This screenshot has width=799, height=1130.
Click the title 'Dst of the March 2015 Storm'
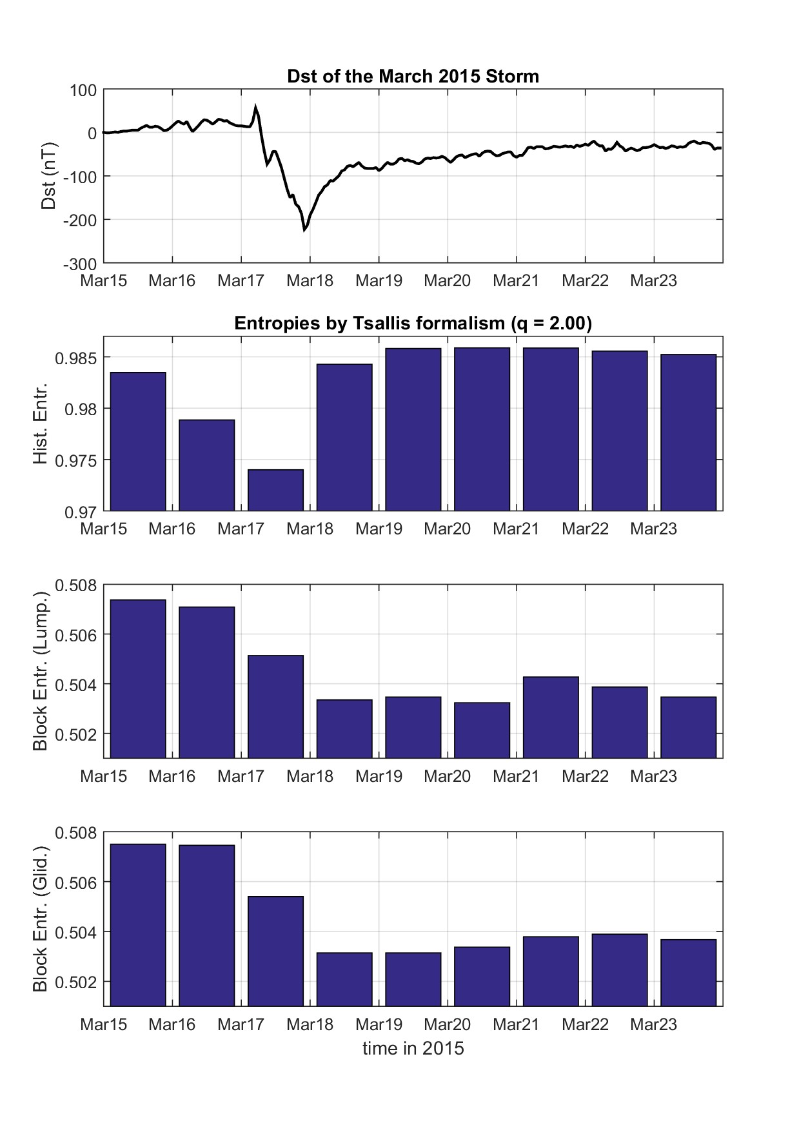[x=413, y=77]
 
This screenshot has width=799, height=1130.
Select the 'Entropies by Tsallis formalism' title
[x=413, y=323]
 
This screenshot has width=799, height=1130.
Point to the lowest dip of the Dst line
[x=304, y=229]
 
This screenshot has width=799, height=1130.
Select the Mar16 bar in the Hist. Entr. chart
[x=206, y=465]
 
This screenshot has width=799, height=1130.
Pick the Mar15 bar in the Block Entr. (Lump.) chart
[x=138, y=678]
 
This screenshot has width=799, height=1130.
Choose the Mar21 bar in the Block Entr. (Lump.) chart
[x=551, y=717]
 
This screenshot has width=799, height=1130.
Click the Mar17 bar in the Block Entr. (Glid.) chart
[x=275, y=951]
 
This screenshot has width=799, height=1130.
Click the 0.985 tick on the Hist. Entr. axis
[x=75, y=358]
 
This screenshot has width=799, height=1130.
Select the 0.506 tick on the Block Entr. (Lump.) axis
[x=75, y=635]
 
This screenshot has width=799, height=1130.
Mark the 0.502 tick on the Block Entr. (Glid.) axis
[x=75, y=982]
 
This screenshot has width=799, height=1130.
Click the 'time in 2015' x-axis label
[x=413, y=1049]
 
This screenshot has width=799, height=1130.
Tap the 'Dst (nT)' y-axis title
[x=48, y=176]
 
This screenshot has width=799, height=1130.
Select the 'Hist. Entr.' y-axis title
[x=40, y=424]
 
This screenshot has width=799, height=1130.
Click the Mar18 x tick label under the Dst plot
[x=310, y=281]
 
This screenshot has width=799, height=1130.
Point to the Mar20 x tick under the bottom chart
[x=447, y=1024]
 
